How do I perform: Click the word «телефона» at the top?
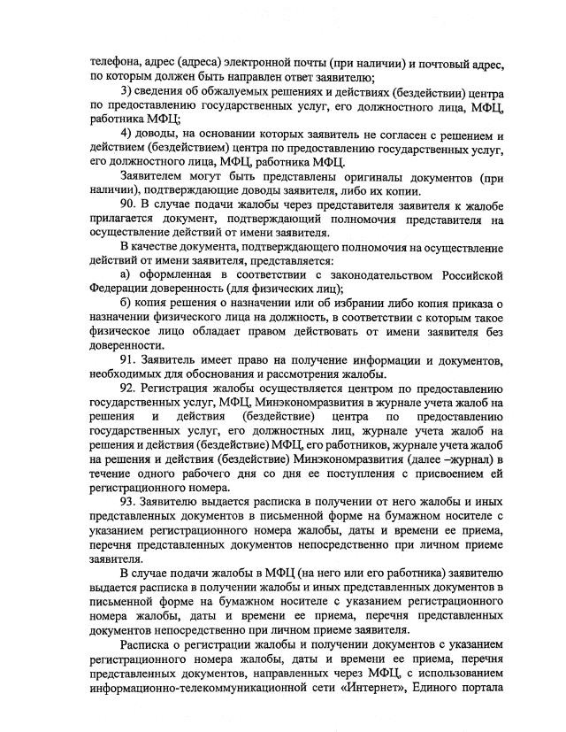coord(117,63)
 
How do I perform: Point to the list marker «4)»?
coord(126,134)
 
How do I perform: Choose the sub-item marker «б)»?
coord(125,304)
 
